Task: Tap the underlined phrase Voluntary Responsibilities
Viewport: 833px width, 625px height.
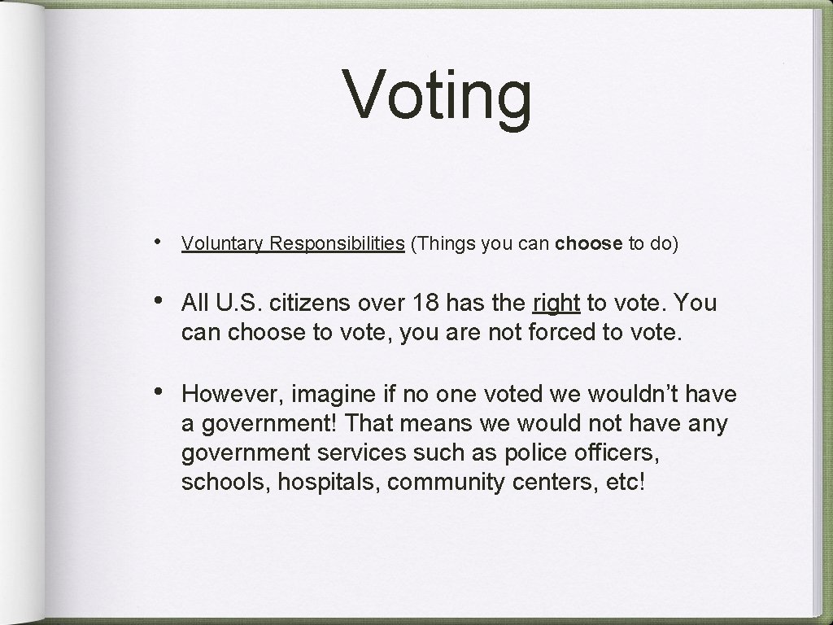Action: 293,243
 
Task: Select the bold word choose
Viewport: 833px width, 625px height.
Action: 590,243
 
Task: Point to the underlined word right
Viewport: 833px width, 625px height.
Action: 556,303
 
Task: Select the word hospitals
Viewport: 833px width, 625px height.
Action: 329,483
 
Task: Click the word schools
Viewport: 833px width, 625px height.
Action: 225,483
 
